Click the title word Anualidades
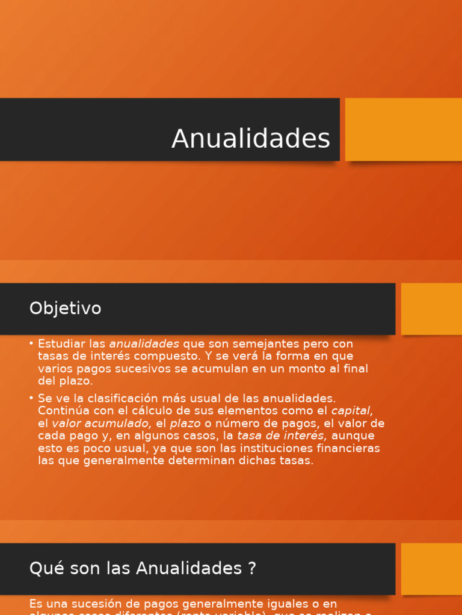251,139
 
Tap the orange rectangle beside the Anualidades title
403,129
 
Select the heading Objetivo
65,309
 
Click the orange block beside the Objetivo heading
431,309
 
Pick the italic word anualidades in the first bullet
144,344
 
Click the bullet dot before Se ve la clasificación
31,398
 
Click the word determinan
200,461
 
